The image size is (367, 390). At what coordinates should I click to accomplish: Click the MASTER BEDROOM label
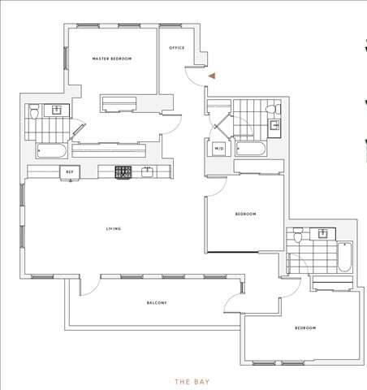(x=111, y=59)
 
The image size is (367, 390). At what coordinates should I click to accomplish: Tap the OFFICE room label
(x=176, y=48)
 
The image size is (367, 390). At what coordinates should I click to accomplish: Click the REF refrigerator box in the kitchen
(x=70, y=172)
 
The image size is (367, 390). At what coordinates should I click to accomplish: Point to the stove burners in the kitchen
(x=123, y=172)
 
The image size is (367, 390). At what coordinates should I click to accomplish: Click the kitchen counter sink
(x=147, y=172)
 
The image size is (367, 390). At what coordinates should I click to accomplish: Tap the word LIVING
(x=114, y=229)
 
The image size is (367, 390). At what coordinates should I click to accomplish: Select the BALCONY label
(x=157, y=303)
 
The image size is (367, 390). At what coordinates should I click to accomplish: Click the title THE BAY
(x=192, y=379)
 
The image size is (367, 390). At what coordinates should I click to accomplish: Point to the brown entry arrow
(x=212, y=76)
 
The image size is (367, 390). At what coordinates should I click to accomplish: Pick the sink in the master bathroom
(x=58, y=110)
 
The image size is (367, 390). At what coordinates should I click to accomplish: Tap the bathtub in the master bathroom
(x=54, y=151)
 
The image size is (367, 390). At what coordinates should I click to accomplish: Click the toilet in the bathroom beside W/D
(x=277, y=109)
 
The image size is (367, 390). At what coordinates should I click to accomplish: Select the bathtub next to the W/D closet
(x=248, y=149)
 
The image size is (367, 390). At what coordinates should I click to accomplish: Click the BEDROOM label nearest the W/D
(x=245, y=214)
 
